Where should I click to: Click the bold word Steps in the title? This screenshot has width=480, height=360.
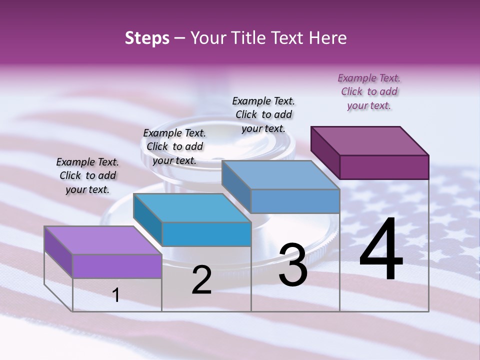[147, 38]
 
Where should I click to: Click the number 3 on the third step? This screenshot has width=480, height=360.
[293, 265]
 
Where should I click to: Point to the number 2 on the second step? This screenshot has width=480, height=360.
[201, 280]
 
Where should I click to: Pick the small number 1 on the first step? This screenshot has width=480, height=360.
[116, 295]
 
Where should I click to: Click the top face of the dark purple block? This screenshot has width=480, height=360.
[370, 140]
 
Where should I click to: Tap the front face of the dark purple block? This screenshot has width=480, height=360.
[384, 167]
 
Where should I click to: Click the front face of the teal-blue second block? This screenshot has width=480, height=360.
[206, 234]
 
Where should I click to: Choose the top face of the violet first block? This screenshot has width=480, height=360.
[103, 240]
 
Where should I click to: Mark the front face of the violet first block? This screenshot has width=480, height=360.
[117, 266]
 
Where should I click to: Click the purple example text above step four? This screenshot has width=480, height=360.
[369, 91]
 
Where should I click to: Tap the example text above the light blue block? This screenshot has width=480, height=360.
[263, 114]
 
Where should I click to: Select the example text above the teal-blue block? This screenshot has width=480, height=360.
[174, 146]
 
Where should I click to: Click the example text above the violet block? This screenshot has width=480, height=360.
[87, 175]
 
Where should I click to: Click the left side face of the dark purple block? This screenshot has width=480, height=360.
[325, 152]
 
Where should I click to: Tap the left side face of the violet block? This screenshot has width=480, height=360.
[58, 251]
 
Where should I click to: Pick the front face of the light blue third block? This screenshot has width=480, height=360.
[295, 201]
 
